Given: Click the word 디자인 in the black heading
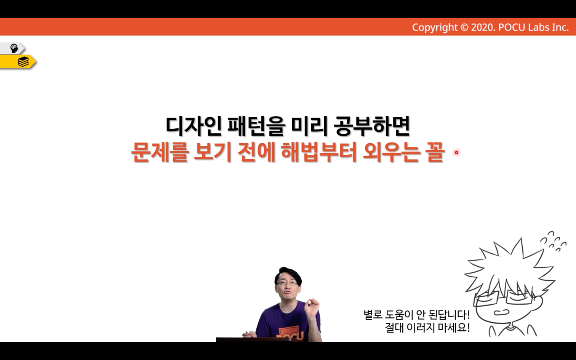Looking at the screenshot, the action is point(194,126).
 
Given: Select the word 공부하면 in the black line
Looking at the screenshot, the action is point(372,126).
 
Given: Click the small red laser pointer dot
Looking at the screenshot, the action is point(456,152).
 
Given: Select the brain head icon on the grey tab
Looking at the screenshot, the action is point(14,48).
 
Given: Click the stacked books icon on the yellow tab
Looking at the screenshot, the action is point(23,62).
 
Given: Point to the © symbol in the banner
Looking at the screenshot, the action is point(464,27).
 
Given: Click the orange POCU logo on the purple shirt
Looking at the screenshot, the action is point(290,333).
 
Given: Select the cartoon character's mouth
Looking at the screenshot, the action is point(501,312).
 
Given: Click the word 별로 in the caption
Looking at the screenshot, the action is point(373,315).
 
